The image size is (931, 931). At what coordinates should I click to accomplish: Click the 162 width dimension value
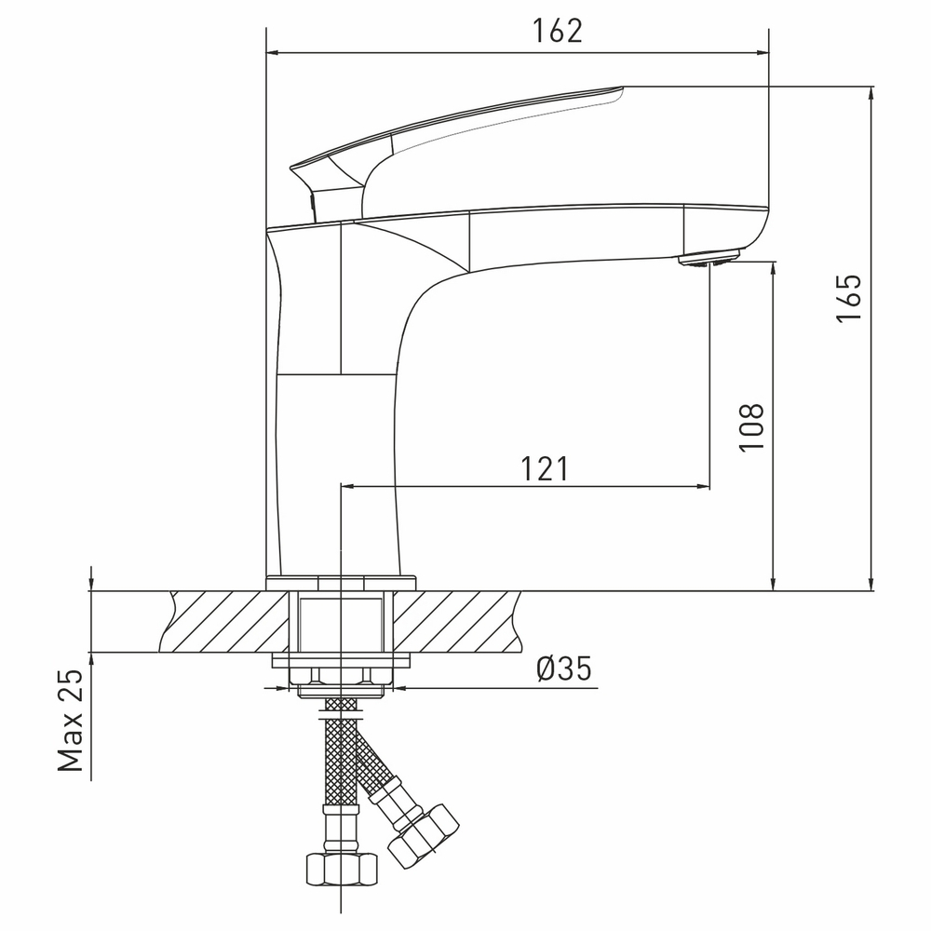[x=558, y=31]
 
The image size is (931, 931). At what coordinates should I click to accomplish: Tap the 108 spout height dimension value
[x=751, y=427]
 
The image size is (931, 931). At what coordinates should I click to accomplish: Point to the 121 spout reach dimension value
[x=545, y=469]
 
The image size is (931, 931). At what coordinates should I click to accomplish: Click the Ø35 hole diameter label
[x=564, y=669]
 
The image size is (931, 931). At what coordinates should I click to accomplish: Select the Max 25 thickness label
[x=70, y=721]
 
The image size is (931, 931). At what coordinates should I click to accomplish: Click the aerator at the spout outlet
[x=710, y=260]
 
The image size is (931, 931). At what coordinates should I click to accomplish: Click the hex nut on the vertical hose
[x=342, y=870]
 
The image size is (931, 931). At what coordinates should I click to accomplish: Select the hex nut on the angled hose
[x=424, y=837]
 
